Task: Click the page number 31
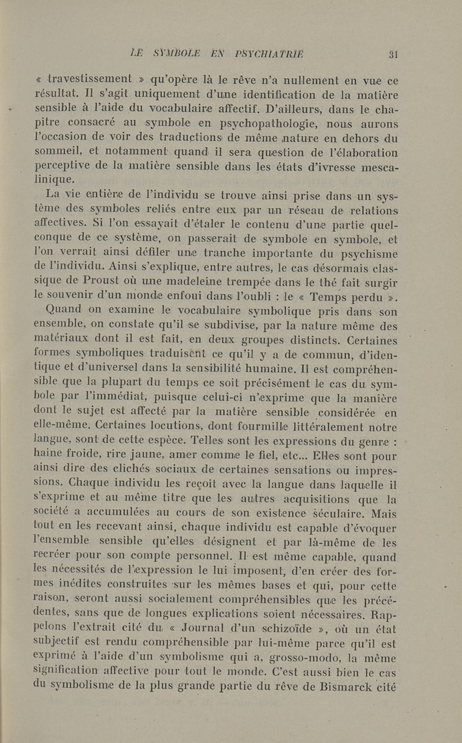point(395,54)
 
